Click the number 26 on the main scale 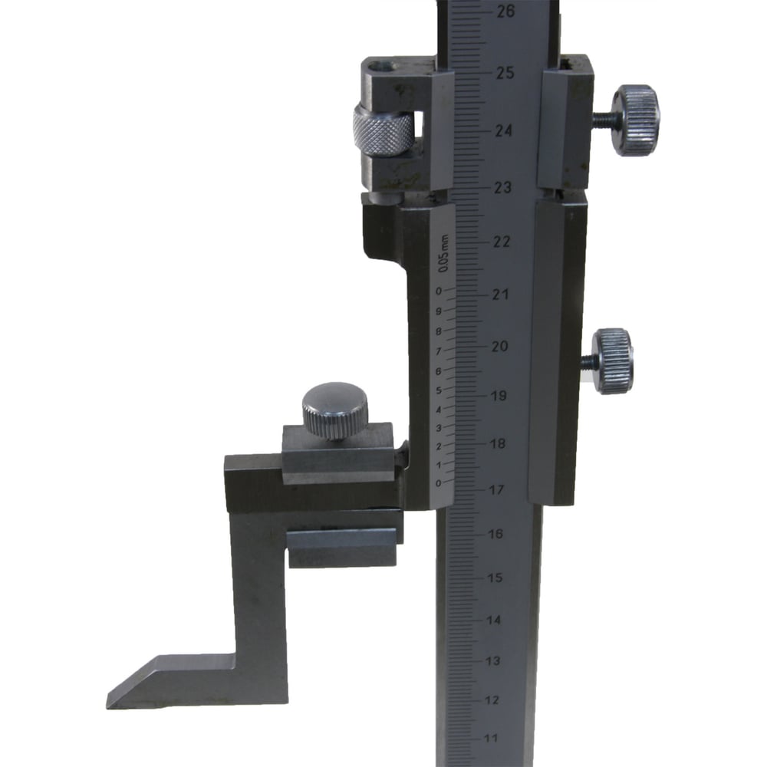(x=505, y=12)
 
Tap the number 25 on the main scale (x=505, y=73)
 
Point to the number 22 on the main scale (x=501, y=241)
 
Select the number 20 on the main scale (x=499, y=346)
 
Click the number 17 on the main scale (x=496, y=489)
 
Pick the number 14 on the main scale (x=493, y=620)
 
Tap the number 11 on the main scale (x=491, y=738)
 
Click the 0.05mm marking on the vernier (x=443, y=253)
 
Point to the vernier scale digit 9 (x=439, y=311)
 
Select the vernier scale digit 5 (x=439, y=390)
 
